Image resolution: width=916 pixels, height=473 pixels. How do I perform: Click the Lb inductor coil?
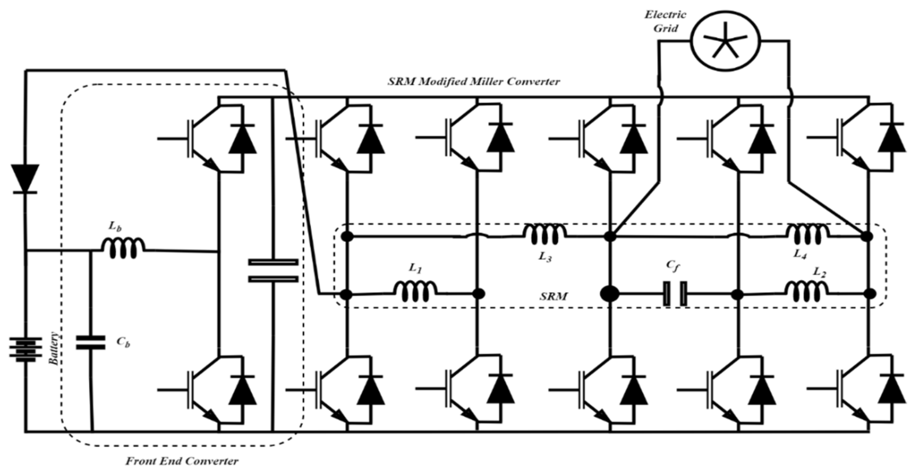pos(123,248)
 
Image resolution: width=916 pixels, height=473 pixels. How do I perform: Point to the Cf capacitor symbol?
pos(675,294)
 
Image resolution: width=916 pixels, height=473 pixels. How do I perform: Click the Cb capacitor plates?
pos(91,342)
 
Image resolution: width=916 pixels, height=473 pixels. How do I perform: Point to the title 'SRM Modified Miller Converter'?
pos(474,82)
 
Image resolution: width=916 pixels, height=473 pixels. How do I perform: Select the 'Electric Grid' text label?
pos(665,21)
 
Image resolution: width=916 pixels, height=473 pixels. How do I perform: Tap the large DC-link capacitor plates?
pos(273,270)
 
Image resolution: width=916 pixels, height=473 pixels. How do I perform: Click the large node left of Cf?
pos(609,294)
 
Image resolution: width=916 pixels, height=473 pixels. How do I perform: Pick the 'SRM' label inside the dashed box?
pos(554,296)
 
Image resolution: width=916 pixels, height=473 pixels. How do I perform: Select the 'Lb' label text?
pos(115,226)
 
